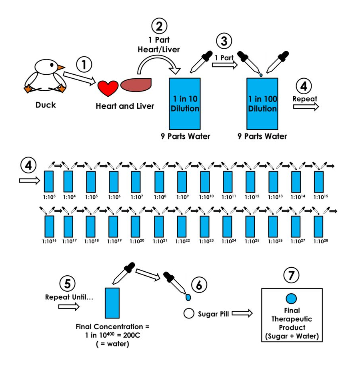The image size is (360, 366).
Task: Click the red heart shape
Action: (x=108, y=88)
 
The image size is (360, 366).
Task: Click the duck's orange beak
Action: (x=60, y=68)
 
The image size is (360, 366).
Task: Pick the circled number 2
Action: (x=159, y=27)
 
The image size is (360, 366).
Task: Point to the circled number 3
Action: (x=224, y=41)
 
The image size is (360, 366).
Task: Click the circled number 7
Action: (x=291, y=275)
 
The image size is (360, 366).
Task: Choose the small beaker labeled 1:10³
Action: (x=48, y=181)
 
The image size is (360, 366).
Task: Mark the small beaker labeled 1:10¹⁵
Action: (x=319, y=181)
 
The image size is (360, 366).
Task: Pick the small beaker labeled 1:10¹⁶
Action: (x=48, y=227)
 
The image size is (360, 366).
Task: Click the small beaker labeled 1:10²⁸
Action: (x=319, y=227)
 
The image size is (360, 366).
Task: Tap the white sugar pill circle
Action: (x=189, y=314)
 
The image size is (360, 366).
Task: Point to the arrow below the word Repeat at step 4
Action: (x=306, y=107)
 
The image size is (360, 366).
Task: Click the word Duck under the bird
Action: (x=46, y=105)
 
